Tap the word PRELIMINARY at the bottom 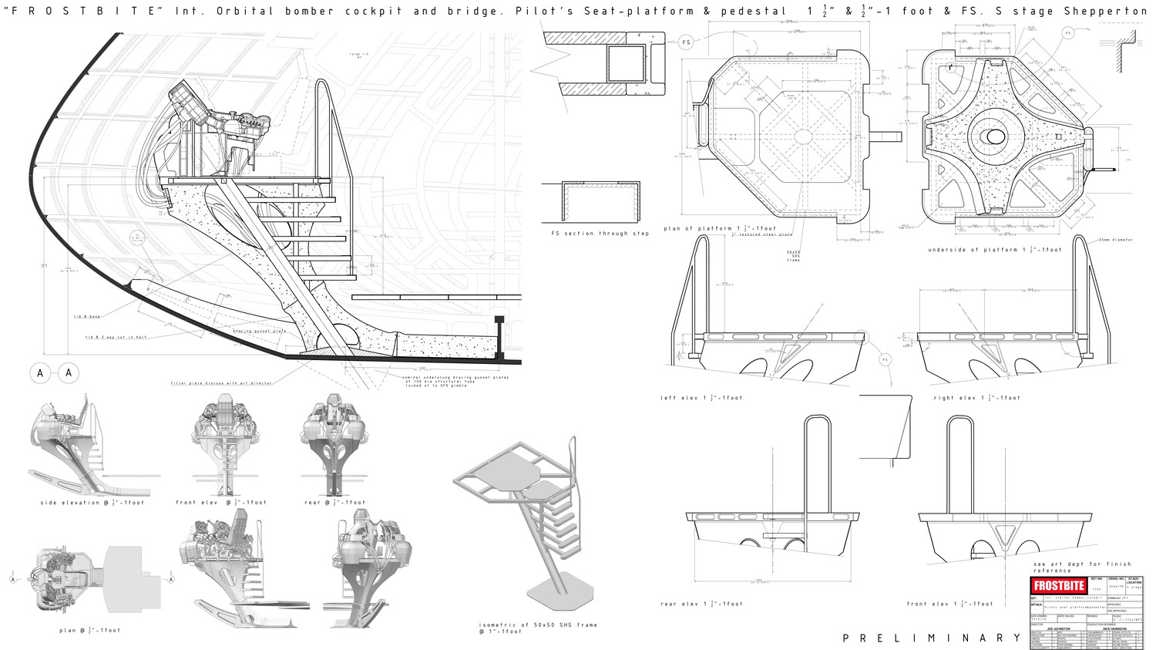point(932,638)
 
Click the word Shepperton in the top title point(1117,12)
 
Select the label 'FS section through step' point(600,234)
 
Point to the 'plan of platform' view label point(720,229)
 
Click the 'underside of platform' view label point(995,250)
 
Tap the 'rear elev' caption point(702,604)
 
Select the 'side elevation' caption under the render point(92,503)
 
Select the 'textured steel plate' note point(764,234)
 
